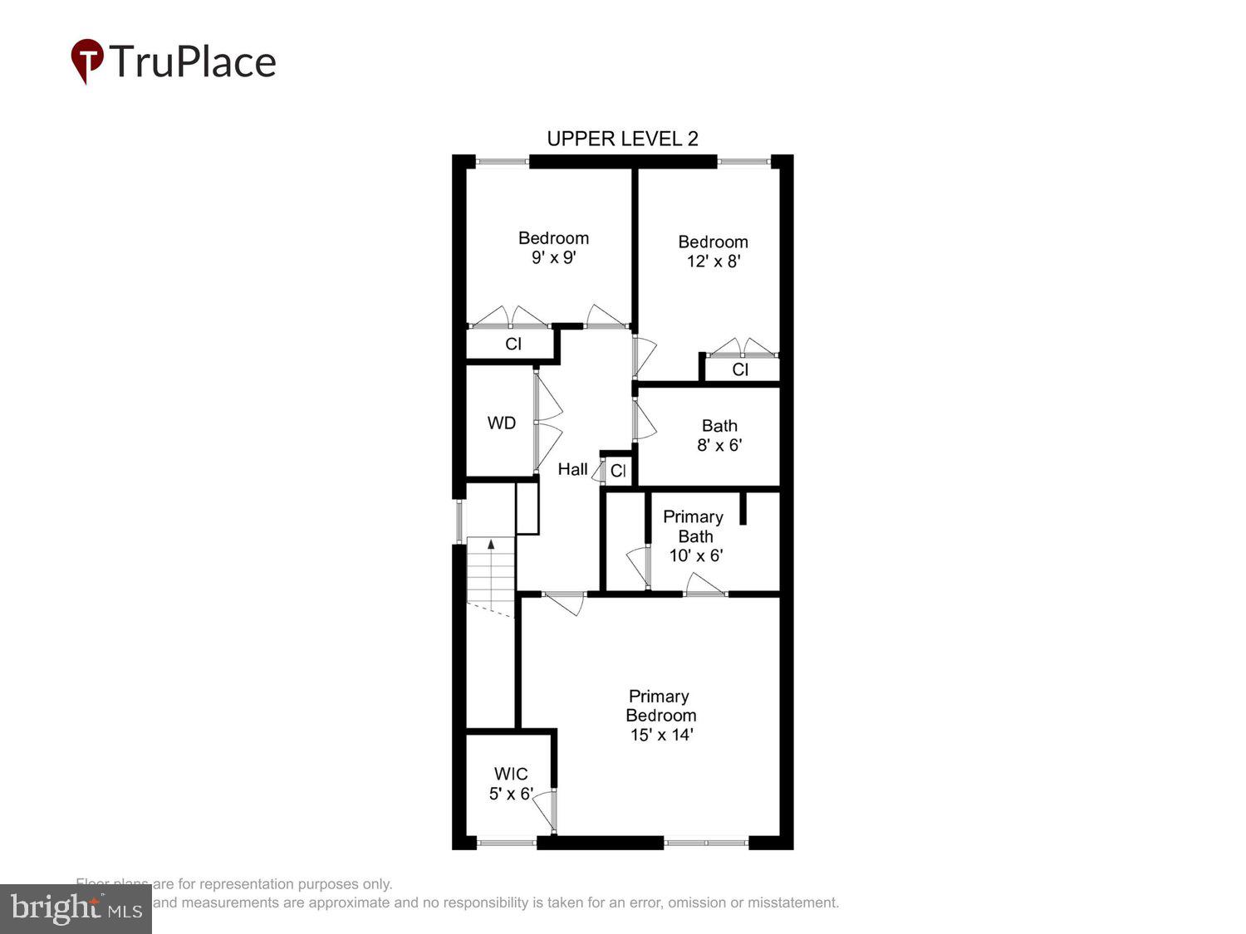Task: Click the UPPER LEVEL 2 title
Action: [622, 139]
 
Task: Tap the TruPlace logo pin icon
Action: [86, 61]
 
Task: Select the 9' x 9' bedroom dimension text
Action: [553, 258]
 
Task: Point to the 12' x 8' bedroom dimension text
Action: [713, 262]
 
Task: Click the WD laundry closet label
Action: [501, 423]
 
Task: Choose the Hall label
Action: [572, 470]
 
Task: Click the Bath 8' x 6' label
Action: [719, 435]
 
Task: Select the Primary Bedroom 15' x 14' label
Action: [660, 715]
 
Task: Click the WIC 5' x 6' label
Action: [510, 784]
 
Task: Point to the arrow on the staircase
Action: [491, 545]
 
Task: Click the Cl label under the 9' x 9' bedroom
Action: [513, 344]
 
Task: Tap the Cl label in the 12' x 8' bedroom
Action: [740, 369]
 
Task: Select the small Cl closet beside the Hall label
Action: [618, 472]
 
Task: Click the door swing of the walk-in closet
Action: [546, 809]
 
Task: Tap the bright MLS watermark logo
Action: [76, 909]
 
